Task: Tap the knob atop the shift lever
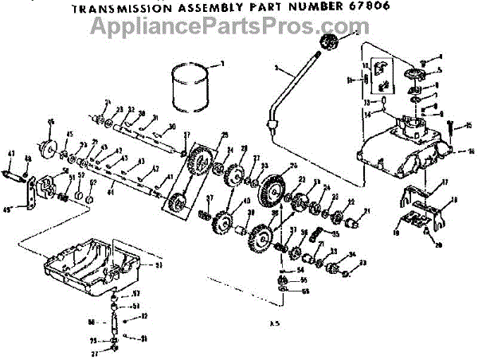tap(328, 43)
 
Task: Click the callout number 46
tap(51, 121)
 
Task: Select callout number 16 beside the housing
tap(470, 149)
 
